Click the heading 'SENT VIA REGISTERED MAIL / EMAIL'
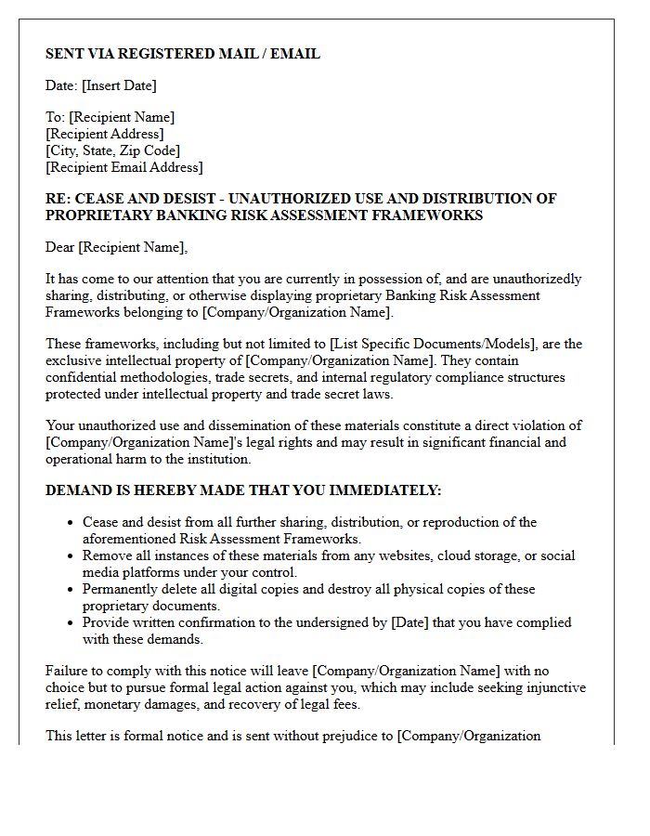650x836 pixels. pos(183,54)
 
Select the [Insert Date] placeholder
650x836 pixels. pos(119,85)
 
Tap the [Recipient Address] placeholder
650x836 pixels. pos(104,134)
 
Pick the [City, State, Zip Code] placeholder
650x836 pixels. pos(112,150)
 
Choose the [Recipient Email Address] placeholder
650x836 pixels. pos(123,167)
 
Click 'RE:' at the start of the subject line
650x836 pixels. pos(58,199)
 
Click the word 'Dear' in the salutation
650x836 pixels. pos(60,247)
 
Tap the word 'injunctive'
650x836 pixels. pos(553,687)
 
